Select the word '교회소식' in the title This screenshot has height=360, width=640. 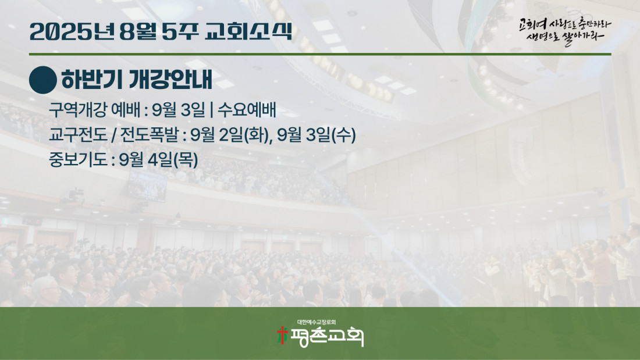click(x=248, y=31)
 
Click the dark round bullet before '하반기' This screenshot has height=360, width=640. click(x=43, y=80)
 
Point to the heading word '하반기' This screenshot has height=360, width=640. click(x=91, y=80)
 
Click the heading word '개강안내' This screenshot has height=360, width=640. click(x=170, y=80)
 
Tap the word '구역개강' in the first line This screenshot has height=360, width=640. click(x=77, y=110)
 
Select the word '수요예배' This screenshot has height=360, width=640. click(x=247, y=110)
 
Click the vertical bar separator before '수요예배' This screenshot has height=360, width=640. click(x=211, y=110)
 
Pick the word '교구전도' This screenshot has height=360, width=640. click(x=77, y=135)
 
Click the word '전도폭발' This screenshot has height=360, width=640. click(x=150, y=135)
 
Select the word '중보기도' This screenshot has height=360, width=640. click(x=77, y=159)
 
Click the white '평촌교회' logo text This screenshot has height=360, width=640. click(x=326, y=337)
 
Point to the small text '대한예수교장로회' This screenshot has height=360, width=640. click(x=317, y=322)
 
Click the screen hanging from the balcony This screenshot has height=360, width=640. click(x=147, y=186)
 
